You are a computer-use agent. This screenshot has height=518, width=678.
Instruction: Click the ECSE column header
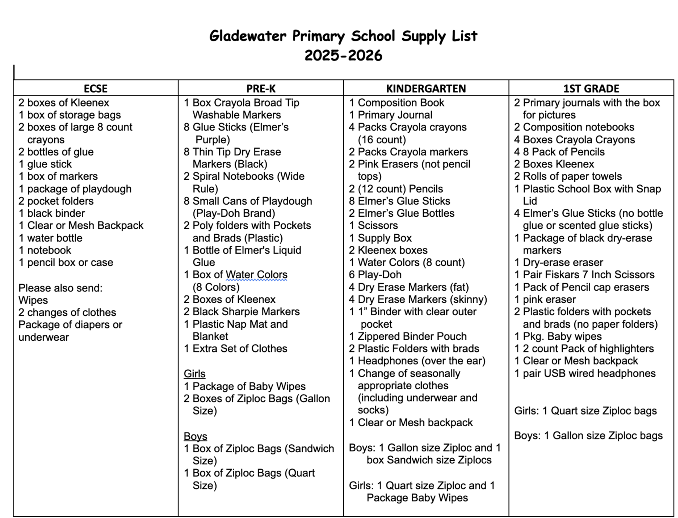point(95,88)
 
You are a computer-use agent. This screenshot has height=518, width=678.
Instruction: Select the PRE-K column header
point(261,88)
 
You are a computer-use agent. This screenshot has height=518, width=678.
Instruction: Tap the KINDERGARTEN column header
point(426,88)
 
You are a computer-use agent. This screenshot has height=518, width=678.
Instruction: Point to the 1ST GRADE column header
point(591,88)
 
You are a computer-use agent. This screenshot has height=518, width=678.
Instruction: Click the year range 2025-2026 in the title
point(343,55)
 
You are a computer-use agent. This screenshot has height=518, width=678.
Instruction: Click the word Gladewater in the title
point(247,36)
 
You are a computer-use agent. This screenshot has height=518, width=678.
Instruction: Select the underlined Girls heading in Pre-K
point(194,374)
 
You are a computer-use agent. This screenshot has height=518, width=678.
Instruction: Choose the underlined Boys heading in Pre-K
point(195,436)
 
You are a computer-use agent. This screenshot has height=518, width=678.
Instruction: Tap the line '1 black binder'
point(52,213)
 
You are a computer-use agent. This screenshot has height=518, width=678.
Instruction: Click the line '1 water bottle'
point(50,238)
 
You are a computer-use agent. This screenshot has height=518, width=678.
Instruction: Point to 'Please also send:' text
point(60,288)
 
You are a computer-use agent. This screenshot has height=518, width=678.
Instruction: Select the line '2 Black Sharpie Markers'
point(241,311)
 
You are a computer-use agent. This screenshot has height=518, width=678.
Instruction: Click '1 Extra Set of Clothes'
point(235,348)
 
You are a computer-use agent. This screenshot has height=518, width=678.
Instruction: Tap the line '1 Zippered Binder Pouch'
point(408,336)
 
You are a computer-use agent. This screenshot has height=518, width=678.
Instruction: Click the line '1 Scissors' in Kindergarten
point(373,225)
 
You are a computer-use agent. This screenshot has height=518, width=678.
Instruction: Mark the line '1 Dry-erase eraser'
point(559,262)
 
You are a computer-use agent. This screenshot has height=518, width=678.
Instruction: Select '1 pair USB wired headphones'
point(585,373)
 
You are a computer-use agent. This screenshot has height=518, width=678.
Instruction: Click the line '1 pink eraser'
point(545,299)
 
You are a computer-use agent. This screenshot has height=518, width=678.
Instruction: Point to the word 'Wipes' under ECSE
point(33,300)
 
